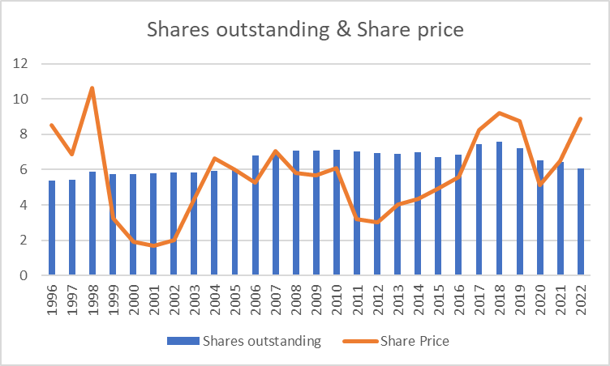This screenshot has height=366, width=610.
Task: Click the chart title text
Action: click(304, 31)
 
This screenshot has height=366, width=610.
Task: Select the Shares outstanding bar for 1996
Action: click(52, 228)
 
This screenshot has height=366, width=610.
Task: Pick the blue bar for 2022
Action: click(581, 222)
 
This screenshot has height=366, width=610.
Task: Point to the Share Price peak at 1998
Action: click(92, 87)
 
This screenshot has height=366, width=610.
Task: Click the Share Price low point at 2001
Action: click(153, 245)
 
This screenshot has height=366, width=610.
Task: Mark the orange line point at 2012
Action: click(377, 222)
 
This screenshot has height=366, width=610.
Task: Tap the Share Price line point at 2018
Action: click(499, 113)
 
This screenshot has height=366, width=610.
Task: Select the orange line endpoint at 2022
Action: click(581, 118)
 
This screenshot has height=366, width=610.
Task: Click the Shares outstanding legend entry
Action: click(243, 341)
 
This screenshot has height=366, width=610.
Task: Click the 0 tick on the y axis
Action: click(24, 275)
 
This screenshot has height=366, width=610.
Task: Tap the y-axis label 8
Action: click(24, 134)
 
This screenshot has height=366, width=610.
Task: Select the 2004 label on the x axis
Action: click(215, 301)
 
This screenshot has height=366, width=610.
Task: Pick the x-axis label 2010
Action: click(337, 301)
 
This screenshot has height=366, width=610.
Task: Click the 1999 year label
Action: click(113, 301)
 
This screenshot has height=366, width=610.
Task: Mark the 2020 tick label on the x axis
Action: click(540, 301)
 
